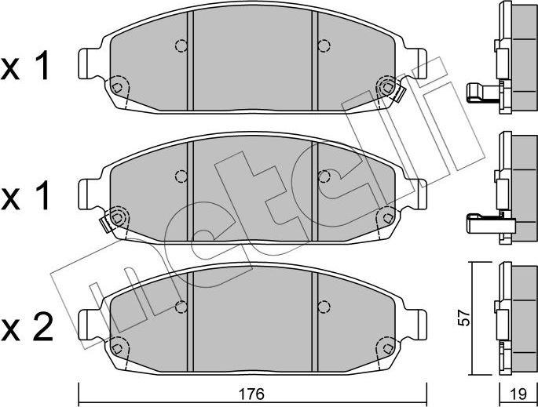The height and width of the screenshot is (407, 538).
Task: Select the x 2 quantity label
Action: coord(27,326)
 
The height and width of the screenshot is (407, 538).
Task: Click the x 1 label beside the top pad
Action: coord(27,69)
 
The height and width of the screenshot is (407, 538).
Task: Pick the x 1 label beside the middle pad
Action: coord(27,197)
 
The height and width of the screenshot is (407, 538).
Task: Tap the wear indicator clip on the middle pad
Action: coord(108,223)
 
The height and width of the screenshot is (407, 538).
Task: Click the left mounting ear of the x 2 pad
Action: coord(88,322)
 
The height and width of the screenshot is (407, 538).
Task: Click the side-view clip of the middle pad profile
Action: coord(483,223)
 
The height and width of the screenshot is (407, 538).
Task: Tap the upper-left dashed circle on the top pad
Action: coord(181,45)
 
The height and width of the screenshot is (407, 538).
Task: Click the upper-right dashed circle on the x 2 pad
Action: coord(322,305)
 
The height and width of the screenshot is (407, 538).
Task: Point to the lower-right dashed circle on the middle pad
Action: coord(385,216)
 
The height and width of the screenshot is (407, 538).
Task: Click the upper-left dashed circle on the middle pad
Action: coord(181,176)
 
